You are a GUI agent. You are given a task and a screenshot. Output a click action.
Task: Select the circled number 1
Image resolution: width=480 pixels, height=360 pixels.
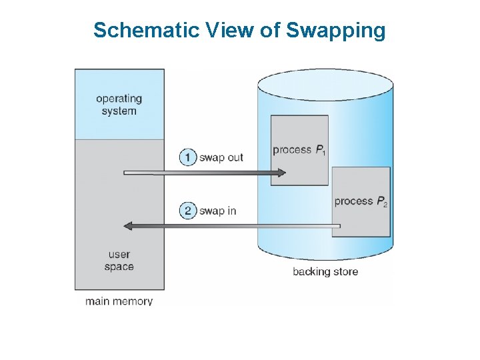189,157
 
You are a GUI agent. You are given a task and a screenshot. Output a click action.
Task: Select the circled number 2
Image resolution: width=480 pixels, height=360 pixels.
189,211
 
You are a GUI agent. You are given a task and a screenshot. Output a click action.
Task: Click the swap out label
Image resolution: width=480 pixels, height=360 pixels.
221,157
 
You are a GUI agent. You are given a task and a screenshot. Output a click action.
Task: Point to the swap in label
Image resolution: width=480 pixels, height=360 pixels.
218,211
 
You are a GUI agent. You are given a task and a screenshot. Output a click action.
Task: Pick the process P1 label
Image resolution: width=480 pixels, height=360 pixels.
299,149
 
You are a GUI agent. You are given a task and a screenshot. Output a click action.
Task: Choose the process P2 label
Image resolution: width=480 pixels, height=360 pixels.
361,201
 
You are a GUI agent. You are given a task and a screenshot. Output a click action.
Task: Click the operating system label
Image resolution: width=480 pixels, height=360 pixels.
119,105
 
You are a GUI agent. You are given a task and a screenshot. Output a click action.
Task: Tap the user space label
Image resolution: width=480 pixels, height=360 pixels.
119,260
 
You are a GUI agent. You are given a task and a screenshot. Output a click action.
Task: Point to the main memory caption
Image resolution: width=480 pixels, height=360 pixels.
119,301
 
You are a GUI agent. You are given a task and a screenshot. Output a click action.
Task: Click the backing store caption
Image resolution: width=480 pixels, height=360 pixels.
325,271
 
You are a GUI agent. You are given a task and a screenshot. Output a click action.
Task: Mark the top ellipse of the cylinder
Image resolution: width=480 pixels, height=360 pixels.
325,84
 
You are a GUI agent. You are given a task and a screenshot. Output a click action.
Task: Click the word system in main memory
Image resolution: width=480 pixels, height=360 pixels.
119,111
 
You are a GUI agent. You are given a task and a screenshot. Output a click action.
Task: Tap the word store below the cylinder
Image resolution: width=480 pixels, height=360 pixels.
344,271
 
